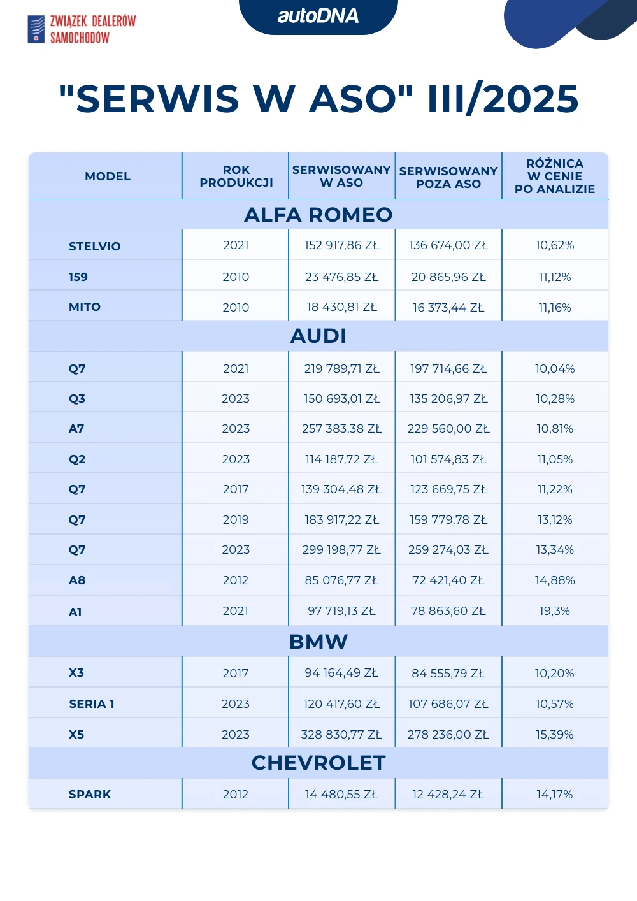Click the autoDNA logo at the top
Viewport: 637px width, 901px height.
point(318,16)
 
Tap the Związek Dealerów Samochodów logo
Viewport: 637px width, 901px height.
point(82,29)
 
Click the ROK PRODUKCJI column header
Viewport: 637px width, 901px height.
point(236,177)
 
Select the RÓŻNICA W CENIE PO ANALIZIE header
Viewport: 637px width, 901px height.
point(555,177)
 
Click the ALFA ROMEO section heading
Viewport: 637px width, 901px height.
point(318,215)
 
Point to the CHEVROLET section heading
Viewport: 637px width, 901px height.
point(318,763)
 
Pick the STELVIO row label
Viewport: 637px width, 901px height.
point(94,246)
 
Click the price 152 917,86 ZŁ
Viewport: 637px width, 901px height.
point(341,245)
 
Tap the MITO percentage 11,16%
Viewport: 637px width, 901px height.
point(555,307)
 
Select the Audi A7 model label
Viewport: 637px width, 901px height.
point(76,429)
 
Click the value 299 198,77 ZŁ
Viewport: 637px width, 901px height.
point(341,550)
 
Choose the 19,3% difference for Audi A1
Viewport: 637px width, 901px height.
point(554,611)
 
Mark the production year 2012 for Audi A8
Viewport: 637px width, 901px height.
point(236,580)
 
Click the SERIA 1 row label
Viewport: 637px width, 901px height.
point(92,704)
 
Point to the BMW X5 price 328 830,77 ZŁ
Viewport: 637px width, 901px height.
point(341,735)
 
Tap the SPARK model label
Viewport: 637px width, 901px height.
point(90,795)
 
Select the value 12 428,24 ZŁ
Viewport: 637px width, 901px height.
point(448,795)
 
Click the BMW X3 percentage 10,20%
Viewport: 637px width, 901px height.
point(555,674)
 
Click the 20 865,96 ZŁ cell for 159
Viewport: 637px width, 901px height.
point(448,277)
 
